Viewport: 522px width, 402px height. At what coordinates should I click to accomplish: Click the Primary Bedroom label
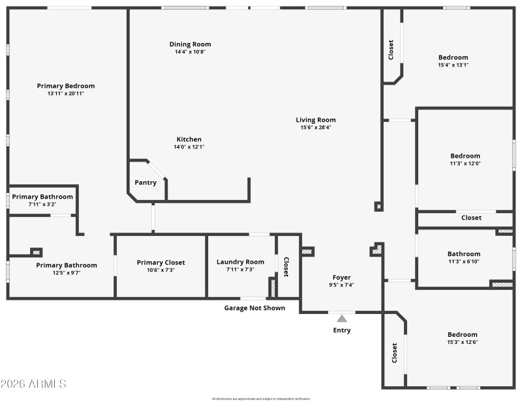click(x=65, y=86)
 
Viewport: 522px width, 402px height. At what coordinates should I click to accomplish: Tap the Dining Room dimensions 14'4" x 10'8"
click(x=190, y=52)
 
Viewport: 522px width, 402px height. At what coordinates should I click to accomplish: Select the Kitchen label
click(x=189, y=139)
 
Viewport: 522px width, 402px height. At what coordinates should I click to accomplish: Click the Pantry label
click(x=146, y=182)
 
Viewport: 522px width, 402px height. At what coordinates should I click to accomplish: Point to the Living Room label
click(x=316, y=120)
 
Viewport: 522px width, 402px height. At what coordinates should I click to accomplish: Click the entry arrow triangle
click(x=342, y=318)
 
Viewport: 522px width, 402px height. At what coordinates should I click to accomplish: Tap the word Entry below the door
click(x=342, y=330)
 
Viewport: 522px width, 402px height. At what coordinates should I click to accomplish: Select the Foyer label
click(x=342, y=278)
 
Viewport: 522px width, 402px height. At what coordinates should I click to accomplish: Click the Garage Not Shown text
click(x=254, y=308)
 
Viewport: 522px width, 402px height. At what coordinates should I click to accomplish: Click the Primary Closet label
click(x=161, y=263)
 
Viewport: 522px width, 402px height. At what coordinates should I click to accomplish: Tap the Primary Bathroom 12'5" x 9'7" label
click(x=66, y=265)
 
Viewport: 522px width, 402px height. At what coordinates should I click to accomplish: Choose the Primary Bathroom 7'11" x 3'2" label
click(x=42, y=197)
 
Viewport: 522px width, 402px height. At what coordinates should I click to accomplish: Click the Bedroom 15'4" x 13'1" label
click(x=453, y=57)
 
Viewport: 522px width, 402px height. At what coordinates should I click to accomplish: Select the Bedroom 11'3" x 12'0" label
click(x=465, y=156)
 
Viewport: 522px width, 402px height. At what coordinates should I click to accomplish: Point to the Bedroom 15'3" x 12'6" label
click(x=462, y=334)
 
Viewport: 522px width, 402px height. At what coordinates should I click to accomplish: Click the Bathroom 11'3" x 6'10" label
click(x=463, y=254)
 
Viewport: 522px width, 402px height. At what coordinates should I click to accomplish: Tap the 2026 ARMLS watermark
click(x=34, y=384)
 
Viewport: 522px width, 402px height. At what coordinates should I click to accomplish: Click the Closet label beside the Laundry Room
click(x=286, y=266)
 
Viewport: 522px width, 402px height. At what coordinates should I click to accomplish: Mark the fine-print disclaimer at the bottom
click(x=261, y=399)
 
